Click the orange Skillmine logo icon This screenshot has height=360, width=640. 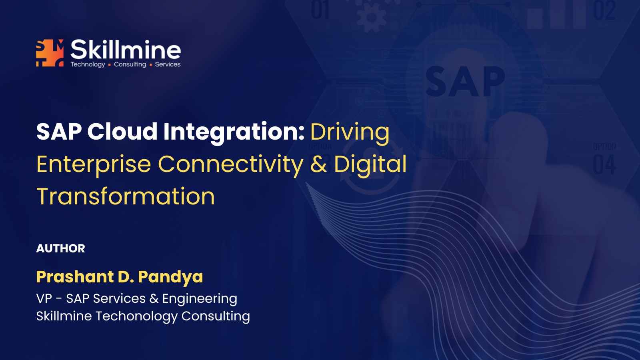[50, 53]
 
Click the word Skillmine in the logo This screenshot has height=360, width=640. [126, 50]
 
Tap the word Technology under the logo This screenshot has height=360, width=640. [88, 64]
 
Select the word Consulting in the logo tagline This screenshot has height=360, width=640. [130, 64]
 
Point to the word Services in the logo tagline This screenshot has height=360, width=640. [168, 64]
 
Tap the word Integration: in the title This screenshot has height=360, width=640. [234, 133]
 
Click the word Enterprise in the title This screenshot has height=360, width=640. [94, 165]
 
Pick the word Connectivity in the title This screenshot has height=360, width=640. [230, 165]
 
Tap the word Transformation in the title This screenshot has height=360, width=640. [126, 196]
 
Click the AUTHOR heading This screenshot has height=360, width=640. [60, 248]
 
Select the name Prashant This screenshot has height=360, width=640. [76, 276]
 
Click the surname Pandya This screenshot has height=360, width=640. [170, 278]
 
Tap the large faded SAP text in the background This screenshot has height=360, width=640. [465, 82]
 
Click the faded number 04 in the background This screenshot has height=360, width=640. [604, 164]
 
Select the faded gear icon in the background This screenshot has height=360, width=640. [372, 17]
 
